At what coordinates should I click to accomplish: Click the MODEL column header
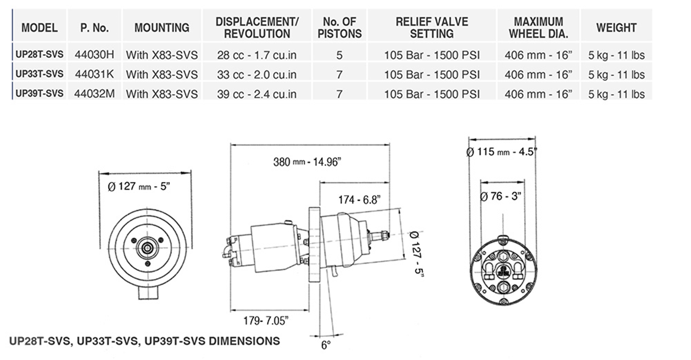click(39, 28)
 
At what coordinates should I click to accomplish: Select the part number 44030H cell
click(94, 54)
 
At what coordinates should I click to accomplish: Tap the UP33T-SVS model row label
click(39, 74)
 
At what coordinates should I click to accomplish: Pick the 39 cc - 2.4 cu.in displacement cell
click(257, 94)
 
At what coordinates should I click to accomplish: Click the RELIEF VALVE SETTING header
click(432, 28)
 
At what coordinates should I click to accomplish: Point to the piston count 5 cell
click(339, 55)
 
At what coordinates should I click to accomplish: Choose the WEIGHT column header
click(616, 28)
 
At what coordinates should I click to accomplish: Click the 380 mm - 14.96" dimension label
click(307, 162)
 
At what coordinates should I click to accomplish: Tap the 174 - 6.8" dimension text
click(359, 200)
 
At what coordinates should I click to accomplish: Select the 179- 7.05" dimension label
click(266, 320)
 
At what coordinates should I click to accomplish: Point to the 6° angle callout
click(326, 345)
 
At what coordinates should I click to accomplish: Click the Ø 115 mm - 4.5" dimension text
click(501, 152)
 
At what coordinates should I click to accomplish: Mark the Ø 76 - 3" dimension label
click(501, 196)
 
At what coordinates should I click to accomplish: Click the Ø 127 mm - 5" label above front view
click(139, 186)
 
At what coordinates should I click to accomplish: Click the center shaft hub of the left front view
click(147, 248)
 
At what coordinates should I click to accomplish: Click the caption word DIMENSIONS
click(244, 341)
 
